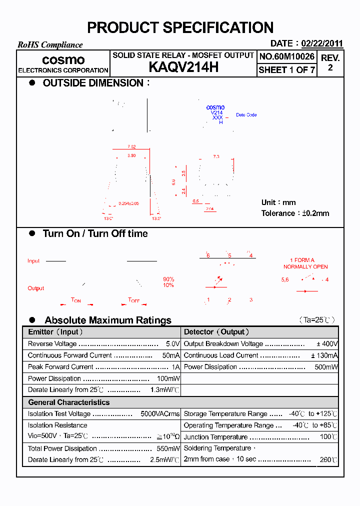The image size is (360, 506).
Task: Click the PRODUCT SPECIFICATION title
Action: [x=180, y=27]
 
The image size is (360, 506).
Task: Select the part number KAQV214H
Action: [x=183, y=67]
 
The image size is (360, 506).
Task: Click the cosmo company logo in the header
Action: [x=63, y=60]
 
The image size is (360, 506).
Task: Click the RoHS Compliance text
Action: [x=50, y=45]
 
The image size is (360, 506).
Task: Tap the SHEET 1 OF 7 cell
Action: [x=287, y=70]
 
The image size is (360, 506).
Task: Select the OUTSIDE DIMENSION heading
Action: [x=93, y=83]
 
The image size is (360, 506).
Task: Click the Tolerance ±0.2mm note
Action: [x=295, y=213]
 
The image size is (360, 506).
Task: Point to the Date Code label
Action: [x=246, y=115]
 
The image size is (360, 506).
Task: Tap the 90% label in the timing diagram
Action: [x=168, y=279]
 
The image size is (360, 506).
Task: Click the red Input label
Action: [x=33, y=261]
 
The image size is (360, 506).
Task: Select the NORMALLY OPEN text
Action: [x=305, y=266]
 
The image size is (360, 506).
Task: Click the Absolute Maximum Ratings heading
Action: [x=108, y=320]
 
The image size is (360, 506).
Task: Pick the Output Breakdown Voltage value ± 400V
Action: [x=327, y=344]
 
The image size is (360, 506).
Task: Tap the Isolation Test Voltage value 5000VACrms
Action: [x=160, y=414]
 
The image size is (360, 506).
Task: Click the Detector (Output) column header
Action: [x=216, y=332]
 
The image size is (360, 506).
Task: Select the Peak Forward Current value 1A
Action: [x=175, y=367]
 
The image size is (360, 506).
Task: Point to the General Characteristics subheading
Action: [x=68, y=402]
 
